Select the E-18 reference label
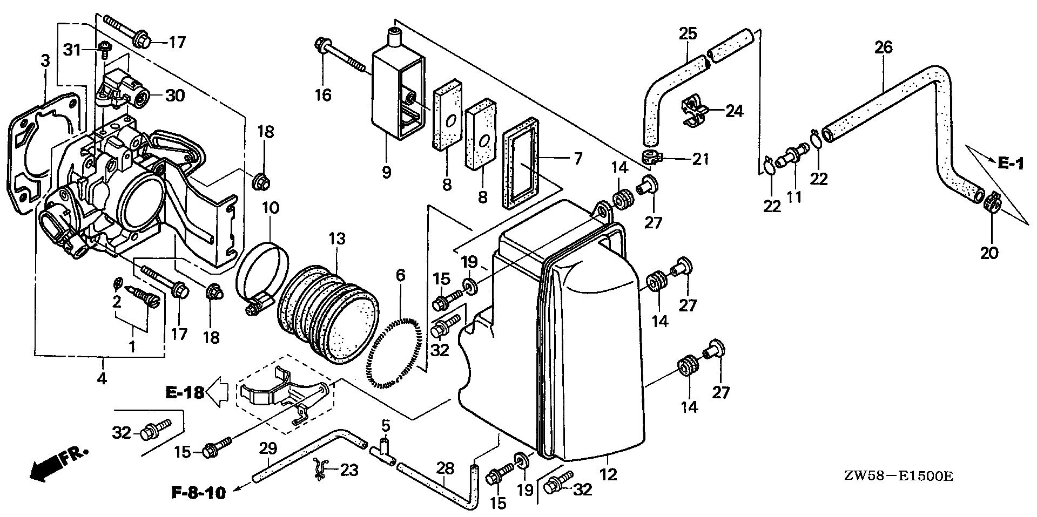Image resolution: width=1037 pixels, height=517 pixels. click(184, 392)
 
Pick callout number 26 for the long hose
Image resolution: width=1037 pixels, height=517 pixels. click(884, 47)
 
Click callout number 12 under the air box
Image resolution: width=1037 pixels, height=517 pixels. click(608, 475)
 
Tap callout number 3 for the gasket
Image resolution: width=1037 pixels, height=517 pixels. click(45, 60)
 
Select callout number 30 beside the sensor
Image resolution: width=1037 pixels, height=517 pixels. click(175, 96)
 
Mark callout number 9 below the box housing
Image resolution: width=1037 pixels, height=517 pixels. click(386, 173)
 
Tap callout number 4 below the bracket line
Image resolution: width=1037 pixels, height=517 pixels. click(102, 378)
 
